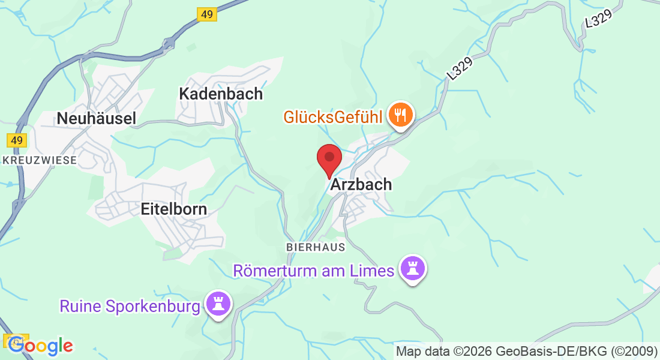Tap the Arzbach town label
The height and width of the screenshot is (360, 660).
pyautogui.click(x=361, y=185)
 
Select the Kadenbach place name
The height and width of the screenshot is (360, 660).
pyautogui.click(x=221, y=94)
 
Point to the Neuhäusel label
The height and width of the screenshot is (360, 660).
pyautogui.click(x=96, y=118)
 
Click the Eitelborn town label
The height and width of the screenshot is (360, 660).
pyautogui.click(x=173, y=209)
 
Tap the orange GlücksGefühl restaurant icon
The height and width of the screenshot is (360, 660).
pyautogui.click(x=400, y=115)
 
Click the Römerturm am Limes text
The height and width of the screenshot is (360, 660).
pyautogui.click(x=313, y=271)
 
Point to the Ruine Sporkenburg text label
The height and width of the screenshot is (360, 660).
pyautogui.click(x=130, y=307)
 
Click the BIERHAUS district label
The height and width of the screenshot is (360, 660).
pyautogui.click(x=316, y=247)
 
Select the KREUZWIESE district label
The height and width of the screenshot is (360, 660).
pyautogui.click(x=40, y=160)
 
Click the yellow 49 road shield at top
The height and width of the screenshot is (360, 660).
pyautogui.click(x=206, y=14)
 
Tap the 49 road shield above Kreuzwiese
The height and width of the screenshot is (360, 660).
pyautogui.click(x=17, y=140)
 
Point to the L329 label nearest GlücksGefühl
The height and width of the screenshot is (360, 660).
pyautogui.click(x=460, y=68)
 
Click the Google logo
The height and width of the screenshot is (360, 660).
pyautogui.click(x=40, y=346)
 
